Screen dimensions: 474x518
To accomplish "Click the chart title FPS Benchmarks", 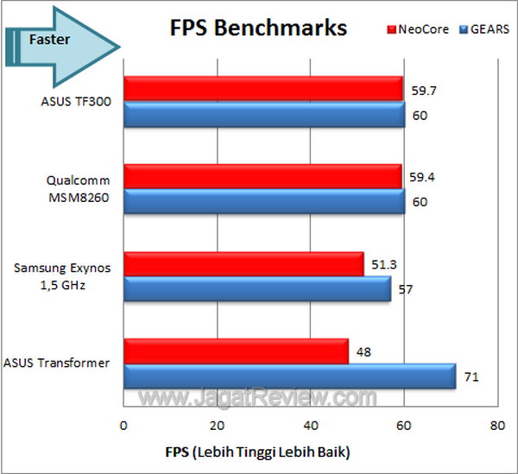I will click(257, 28).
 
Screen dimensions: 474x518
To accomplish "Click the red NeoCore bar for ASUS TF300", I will click(263, 88).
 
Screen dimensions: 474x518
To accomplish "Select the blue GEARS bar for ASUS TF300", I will click(264, 114).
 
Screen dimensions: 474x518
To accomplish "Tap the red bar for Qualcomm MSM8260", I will click(262, 176).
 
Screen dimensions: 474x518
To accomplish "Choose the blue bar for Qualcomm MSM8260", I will click(264, 202).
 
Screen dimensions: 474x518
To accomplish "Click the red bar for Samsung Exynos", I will click(243, 263).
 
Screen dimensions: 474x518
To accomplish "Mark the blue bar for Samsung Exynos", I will click(257, 289).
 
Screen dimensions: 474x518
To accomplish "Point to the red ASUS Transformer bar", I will click(236, 351).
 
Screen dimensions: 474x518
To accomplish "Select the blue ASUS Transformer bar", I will click(289, 377).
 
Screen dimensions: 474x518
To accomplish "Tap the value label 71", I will click(471, 377).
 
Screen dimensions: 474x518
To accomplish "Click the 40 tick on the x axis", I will click(310, 426).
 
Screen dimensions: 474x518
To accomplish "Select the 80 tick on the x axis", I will click(496, 426).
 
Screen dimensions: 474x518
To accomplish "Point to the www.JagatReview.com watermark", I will click(259, 398).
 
